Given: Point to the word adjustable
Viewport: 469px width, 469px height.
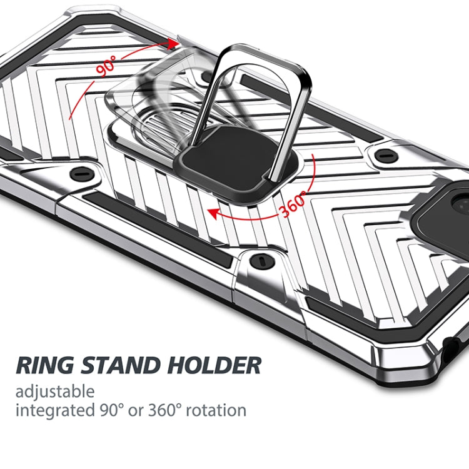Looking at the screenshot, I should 55,392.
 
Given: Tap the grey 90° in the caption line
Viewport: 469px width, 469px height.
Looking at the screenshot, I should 112,411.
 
